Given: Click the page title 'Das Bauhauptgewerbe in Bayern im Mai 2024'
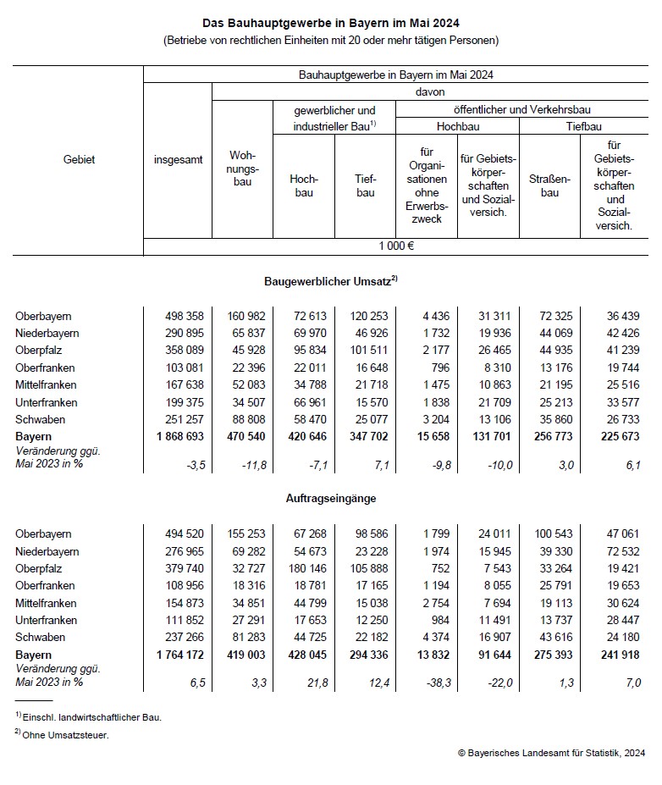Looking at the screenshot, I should pyautogui.click(x=331, y=24).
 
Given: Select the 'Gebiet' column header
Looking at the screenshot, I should pyautogui.click(x=79, y=159).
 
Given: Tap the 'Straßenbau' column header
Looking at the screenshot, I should pyautogui.click(x=550, y=185).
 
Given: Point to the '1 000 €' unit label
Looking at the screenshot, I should pyautogui.click(x=396, y=246).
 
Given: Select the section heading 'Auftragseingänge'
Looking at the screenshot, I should pyautogui.click(x=331, y=499).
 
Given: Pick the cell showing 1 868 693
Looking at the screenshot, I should pyautogui.click(x=178, y=436).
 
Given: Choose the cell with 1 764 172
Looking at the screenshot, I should pyautogui.click(x=178, y=655).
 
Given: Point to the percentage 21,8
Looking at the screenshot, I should pyautogui.click(x=315, y=682).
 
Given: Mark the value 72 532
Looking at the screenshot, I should pyautogui.click(x=621, y=551).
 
